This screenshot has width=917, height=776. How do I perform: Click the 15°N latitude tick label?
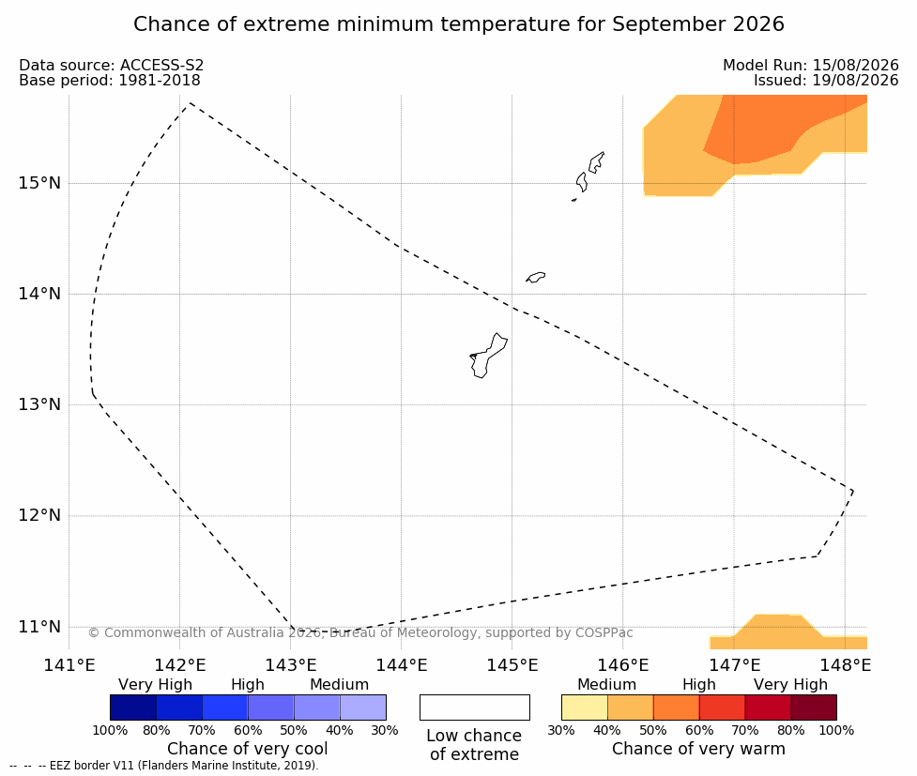pyautogui.click(x=39, y=183)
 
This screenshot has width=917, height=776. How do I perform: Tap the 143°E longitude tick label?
pyautogui.click(x=291, y=665)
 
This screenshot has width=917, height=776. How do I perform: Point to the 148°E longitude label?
pyautogui.click(x=845, y=665)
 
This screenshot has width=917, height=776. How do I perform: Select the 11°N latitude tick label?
pyautogui.click(x=39, y=627)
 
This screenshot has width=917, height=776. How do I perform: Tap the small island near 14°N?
pyautogui.click(x=536, y=277)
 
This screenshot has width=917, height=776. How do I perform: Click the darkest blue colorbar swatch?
pyautogui.click(x=133, y=708)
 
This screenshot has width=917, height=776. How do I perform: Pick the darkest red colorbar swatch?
pyautogui.click(x=814, y=708)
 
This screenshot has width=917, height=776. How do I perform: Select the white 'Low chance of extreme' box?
pyautogui.click(x=475, y=708)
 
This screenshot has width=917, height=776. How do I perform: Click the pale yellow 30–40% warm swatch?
pyautogui.click(x=584, y=708)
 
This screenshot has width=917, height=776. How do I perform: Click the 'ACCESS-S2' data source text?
pyautogui.click(x=162, y=66)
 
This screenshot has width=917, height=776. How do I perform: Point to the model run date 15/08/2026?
pyautogui.click(x=856, y=66)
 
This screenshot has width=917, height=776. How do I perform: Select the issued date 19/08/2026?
pyautogui.click(x=856, y=81)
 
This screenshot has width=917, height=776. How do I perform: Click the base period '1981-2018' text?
pyautogui.click(x=160, y=81)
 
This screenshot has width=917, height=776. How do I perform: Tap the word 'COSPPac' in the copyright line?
pyautogui.click(x=604, y=632)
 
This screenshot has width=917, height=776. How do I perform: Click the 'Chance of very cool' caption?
pyautogui.click(x=248, y=749)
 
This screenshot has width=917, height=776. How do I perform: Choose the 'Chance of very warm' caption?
pyautogui.click(x=699, y=749)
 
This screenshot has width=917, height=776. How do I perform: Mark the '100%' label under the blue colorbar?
pyautogui.click(x=110, y=730)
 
